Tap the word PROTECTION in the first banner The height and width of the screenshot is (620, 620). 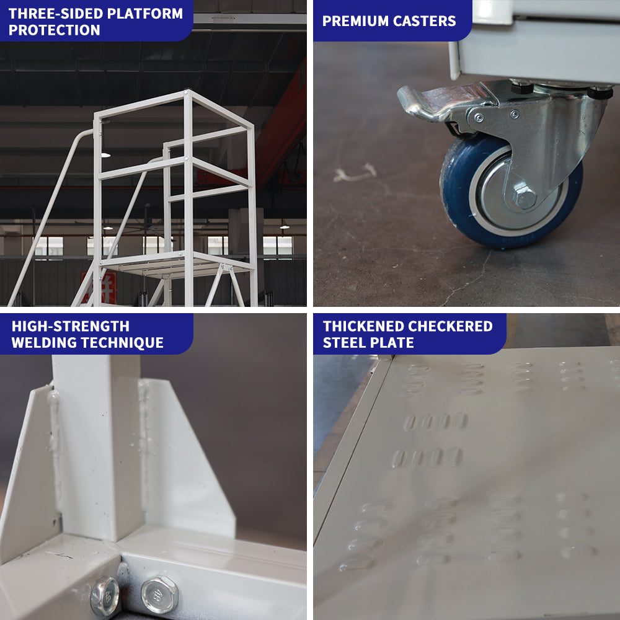55,30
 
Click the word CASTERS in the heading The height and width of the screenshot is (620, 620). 428,21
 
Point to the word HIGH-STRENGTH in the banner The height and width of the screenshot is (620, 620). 71,326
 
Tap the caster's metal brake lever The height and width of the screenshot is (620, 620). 434,102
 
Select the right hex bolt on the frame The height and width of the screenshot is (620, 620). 159,595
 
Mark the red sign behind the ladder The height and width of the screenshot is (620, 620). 107,286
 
